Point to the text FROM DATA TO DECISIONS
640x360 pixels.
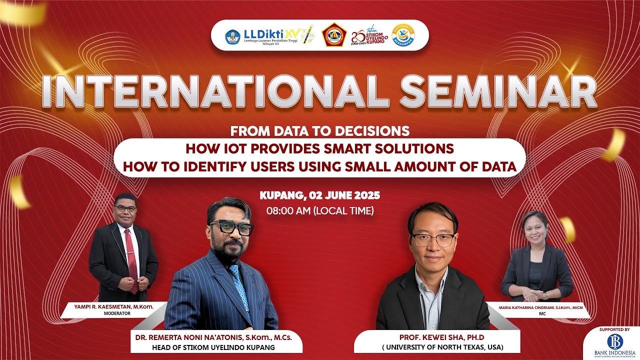click(x=320, y=131)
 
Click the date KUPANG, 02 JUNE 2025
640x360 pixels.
click(x=320, y=194)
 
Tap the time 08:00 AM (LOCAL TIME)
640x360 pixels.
click(x=320, y=210)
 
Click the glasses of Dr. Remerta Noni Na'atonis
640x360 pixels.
click(x=231, y=228)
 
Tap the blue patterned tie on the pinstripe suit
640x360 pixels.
click(x=239, y=285)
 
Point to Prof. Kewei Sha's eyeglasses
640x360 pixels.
click(x=433, y=239)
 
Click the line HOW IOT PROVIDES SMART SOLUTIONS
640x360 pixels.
click(x=320, y=148)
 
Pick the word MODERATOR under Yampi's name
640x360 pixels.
click(x=116, y=313)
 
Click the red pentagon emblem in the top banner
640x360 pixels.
click(x=334, y=35)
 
